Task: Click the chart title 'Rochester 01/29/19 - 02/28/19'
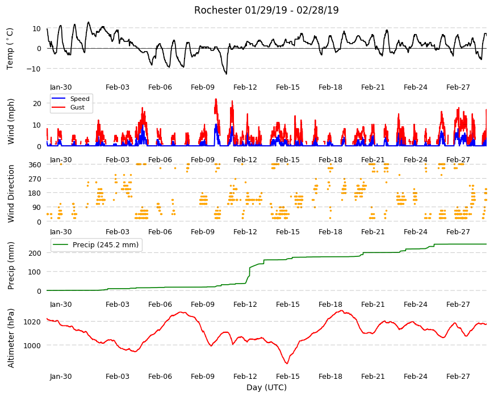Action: pos(266,10)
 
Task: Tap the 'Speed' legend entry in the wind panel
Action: pos(79,99)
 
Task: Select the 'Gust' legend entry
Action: pos(77,107)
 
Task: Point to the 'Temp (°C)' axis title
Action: pos(10,48)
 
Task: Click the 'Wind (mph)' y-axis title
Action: pos(11,121)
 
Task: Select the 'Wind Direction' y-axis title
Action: pos(11,193)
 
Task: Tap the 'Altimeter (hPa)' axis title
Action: pos(11,338)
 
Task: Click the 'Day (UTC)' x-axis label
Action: pos(266,387)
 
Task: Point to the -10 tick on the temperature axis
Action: pos(34,69)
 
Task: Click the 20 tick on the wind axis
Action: pos(37,103)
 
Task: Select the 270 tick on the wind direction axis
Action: pos(35,179)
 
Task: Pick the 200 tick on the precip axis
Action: pos(35,253)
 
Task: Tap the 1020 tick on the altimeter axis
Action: pos(33,322)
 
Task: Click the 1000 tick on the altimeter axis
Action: pos(33,345)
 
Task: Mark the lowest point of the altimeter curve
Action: pos(287,364)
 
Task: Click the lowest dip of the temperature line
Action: pos(226,74)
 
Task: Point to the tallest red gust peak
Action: pos(216,99)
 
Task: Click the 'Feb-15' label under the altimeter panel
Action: pos(288,377)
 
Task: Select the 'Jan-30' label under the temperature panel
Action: pos(61,87)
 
